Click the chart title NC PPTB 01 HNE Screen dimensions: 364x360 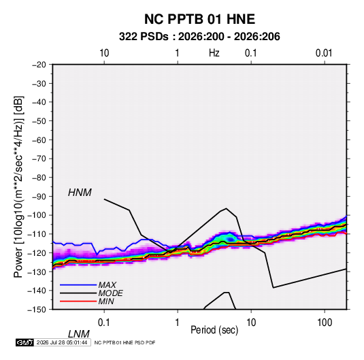(x=199, y=19)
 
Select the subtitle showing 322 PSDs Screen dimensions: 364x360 (x=199, y=37)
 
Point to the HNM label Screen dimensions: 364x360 (x=80, y=193)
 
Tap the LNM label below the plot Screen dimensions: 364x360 (x=79, y=334)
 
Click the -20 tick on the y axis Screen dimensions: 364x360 (x=39, y=65)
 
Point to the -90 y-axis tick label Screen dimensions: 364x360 (x=39, y=197)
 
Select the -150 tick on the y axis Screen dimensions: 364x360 (x=37, y=310)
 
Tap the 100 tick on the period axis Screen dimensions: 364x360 (x=325, y=323)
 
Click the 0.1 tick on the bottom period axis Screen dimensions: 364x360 (x=104, y=323)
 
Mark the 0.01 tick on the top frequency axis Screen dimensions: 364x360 (x=324, y=53)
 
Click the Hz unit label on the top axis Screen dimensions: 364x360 (x=214, y=53)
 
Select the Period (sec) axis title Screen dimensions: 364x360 (x=214, y=330)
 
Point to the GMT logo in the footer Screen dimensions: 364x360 (x=24, y=342)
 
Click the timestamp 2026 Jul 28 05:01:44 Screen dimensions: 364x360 (x=62, y=342)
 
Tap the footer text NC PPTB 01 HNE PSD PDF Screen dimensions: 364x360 (x=125, y=342)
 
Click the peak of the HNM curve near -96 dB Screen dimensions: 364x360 (x=227, y=208)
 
